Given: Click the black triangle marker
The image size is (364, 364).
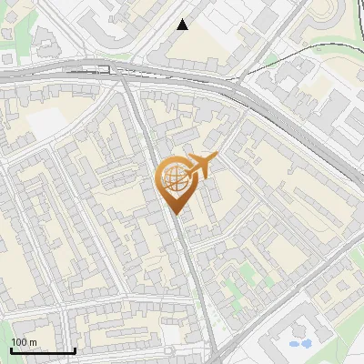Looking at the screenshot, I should tap(183, 25).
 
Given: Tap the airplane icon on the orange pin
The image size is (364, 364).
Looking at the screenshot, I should tap(201, 166).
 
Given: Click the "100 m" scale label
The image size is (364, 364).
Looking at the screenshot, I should tap(24, 342).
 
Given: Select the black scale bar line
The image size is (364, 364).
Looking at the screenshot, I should tap(43, 350).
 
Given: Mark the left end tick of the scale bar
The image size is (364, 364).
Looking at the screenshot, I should tap(11, 349).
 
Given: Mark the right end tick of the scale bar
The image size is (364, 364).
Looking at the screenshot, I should tap(75, 349).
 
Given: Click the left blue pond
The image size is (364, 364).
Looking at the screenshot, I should tap(293, 344).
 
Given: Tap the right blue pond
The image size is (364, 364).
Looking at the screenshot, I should tap(306, 344).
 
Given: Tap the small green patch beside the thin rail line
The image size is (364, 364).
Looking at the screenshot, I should tap(270, 60).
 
